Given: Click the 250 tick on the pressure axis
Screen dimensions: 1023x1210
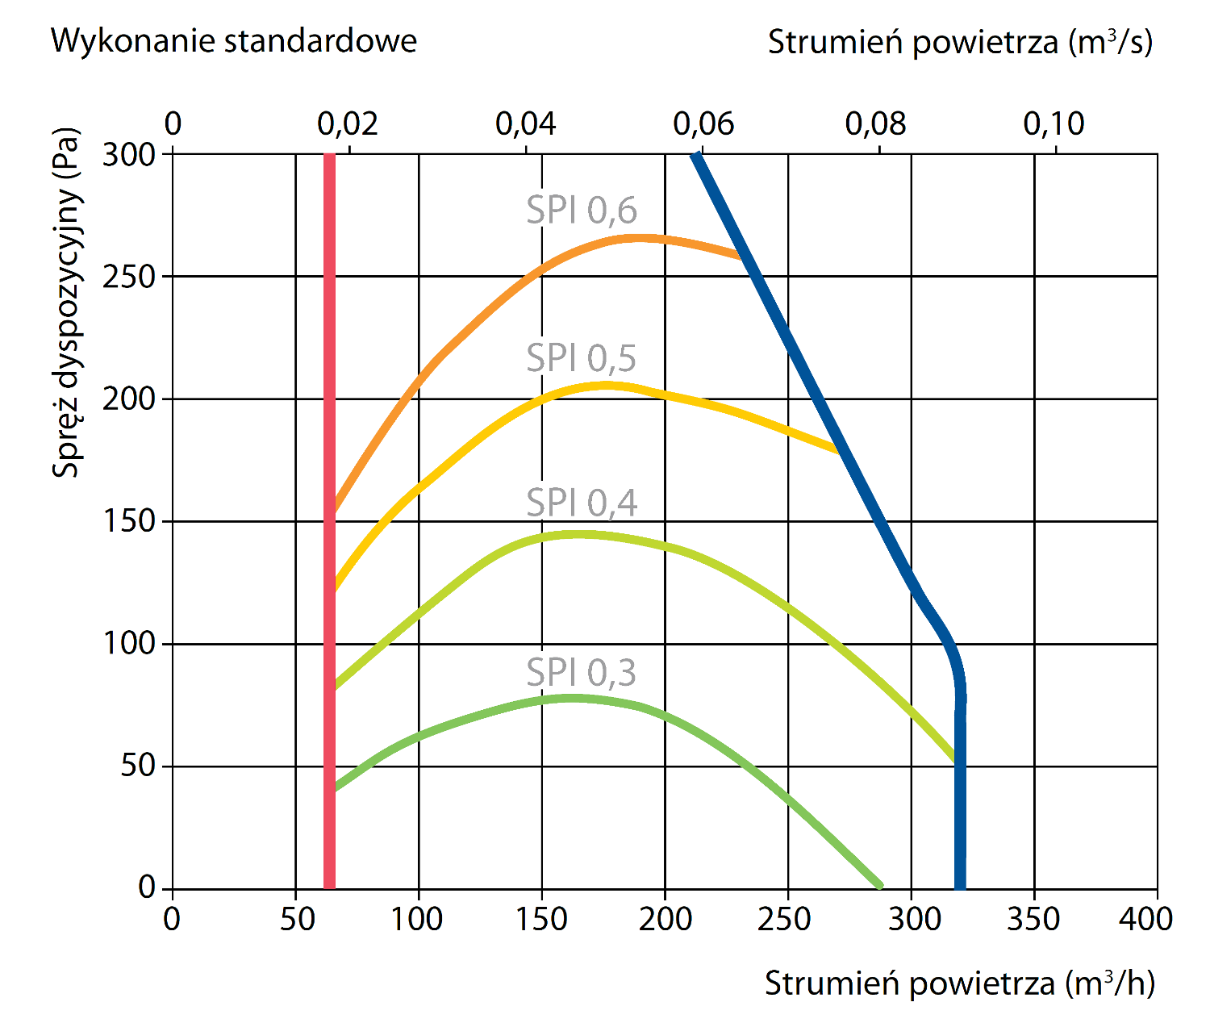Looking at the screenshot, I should point(129,277).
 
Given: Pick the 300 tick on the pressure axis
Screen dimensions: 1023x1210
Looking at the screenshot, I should point(129,154).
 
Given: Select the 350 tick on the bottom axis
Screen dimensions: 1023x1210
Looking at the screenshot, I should point(1033,919).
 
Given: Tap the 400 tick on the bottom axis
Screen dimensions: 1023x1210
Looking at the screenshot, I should point(1145,919).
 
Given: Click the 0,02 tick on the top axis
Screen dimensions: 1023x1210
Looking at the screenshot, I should point(348,124).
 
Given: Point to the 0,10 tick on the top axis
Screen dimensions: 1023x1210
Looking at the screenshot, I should point(1054,124).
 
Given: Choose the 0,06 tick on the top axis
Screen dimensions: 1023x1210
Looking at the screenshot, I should point(703,124).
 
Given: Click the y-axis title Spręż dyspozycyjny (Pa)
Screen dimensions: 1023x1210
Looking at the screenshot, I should point(67,303).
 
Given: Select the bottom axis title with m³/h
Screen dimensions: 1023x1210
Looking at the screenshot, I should point(959,983).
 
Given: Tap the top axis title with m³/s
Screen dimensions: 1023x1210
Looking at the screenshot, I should point(959,43).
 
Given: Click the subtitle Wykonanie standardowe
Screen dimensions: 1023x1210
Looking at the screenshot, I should point(234,40).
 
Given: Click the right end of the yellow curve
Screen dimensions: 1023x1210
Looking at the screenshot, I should point(836,449).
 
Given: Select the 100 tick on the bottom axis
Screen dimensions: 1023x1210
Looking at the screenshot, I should point(417,919).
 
